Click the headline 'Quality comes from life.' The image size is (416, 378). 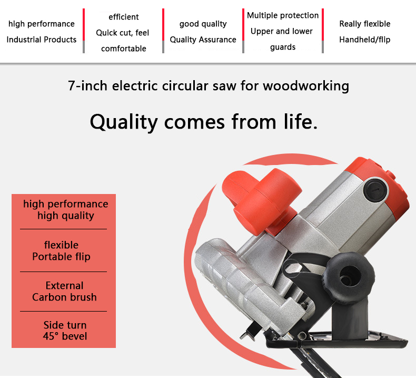point(203,122)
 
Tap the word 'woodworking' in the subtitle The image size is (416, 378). point(306,86)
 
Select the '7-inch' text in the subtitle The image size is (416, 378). point(87,86)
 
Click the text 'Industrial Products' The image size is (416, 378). point(42,40)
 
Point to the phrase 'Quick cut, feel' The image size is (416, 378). point(123,33)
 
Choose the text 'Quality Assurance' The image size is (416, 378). point(203,40)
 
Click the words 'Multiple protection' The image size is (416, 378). point(283,15)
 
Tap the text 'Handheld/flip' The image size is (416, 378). point(365,40)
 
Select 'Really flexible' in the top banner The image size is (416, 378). point(365,24)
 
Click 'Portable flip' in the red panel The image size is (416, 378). point(61,257)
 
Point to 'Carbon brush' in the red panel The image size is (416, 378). point(64,297)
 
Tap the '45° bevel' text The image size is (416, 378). point(65,336)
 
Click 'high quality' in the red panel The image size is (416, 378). point(66,216)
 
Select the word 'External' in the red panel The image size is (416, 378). point(64,286)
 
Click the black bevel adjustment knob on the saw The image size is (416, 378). point(350,278)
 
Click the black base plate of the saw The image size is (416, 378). point(337,340)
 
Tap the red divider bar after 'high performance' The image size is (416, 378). point(84,24)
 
